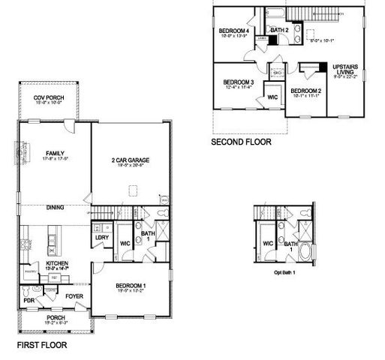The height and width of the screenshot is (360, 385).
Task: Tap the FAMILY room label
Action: (x=53, y=151)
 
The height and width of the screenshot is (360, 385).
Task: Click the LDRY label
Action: (x=103, y=238)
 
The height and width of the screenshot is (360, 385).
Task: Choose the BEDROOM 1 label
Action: (x=132, y=286)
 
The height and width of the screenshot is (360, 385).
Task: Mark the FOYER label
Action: (x=74, y=295)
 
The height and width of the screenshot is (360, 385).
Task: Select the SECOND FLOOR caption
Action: (x=241, y=140)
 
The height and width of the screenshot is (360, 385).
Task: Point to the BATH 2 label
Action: (x=279, y=30)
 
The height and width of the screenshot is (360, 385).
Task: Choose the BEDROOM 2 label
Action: (x=305, y=91)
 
